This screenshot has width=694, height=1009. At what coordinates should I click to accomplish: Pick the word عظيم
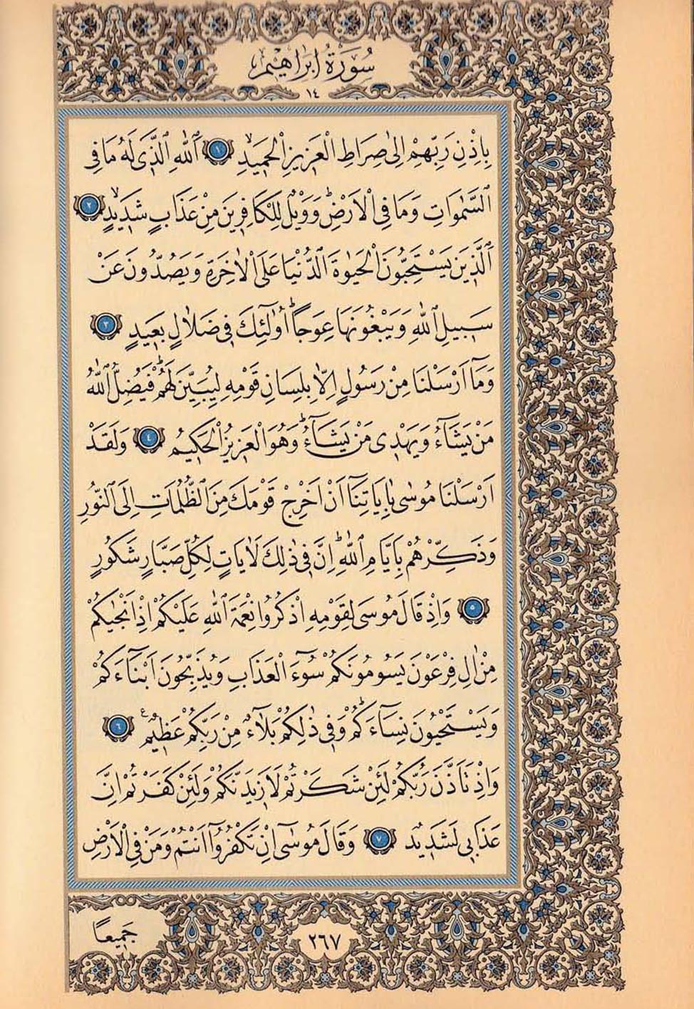click(x=162, y=726)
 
